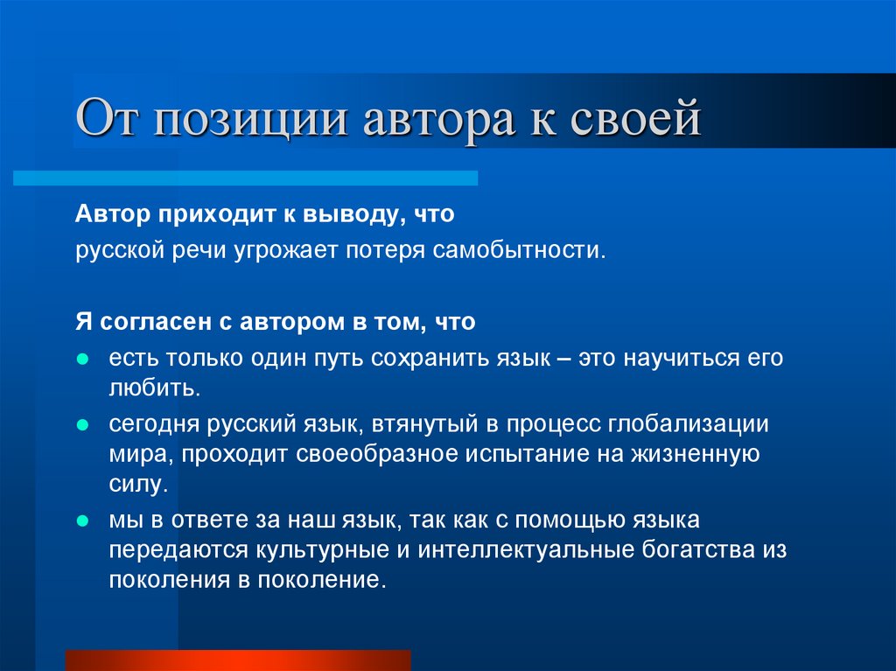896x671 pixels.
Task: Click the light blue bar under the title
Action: [245, 178]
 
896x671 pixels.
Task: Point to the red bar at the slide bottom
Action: [238, 660]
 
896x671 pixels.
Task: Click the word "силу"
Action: [135, 484]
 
